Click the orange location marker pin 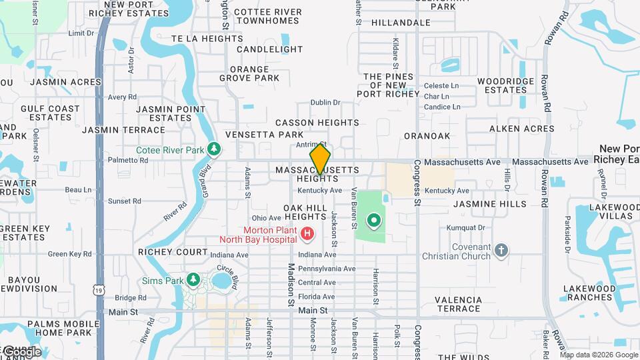pos(320,159)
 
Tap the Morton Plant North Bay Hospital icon pos(307,233)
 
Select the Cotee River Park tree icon pos(214,149)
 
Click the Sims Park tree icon pos(193,280)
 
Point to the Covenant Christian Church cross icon pos(501,251)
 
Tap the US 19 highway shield pos(99,290)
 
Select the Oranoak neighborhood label pos(427,136)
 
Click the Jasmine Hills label pos(490,204)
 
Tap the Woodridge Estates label pos(505,85)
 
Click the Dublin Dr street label pos(325,103)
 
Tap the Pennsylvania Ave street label pos(327,269)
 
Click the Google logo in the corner pos(21,351)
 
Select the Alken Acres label pos(521,129)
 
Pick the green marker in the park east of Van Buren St pos(374,219)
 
